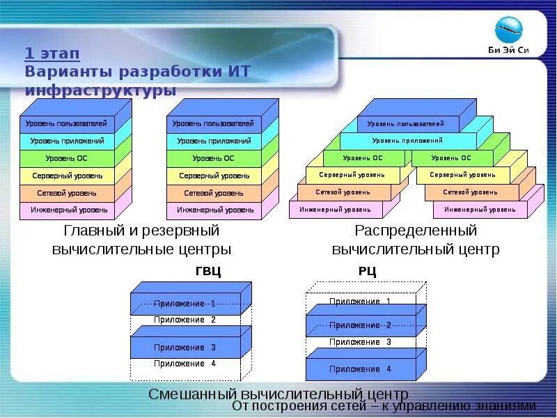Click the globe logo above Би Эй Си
[x=508, y=30]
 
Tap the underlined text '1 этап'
[x=52, y=54]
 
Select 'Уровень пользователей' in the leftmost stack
[x=66, y=124]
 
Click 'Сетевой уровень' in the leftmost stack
[x=66, y=193]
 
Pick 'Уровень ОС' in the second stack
[x=213, y=158]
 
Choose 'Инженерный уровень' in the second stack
[x=213, y=210]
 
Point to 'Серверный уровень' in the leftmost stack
[x=66, y=176]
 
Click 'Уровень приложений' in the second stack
[x=213, y=141]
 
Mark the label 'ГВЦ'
[x=208, y=272]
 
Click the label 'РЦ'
[x=367, y=272]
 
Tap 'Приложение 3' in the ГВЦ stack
[x=185, y=347]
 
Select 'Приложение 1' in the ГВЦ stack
[x=185, y=304]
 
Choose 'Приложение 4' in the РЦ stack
[x=360, y=369]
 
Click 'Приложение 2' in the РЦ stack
[x=360, y=325]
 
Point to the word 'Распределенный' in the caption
[x=416, y=231]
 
